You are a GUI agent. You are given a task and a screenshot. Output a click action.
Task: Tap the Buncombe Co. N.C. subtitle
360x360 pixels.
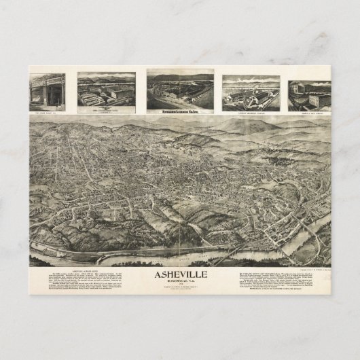(x=180, y=283)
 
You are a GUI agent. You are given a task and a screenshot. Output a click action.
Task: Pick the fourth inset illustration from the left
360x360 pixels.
(x=251, y=92)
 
